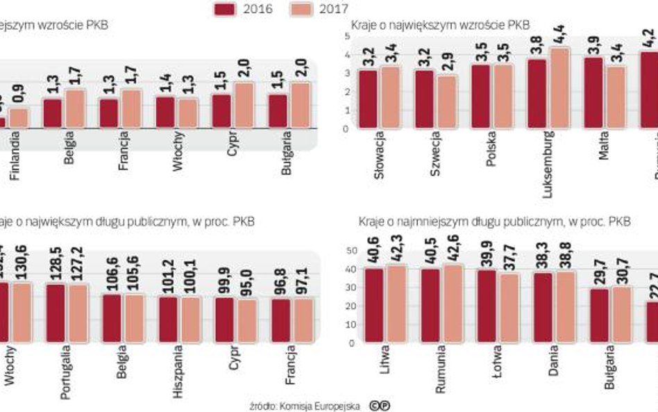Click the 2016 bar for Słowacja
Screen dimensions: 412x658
368,99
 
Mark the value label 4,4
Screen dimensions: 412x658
559,33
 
